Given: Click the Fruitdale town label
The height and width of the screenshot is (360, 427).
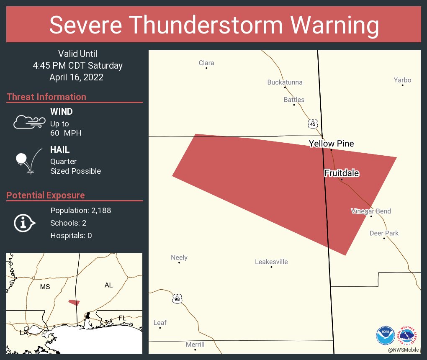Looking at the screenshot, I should coord(342,173).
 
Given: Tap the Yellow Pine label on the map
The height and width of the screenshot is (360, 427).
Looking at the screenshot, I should coord(331,144).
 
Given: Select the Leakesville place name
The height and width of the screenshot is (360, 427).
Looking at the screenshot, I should coord(271,262).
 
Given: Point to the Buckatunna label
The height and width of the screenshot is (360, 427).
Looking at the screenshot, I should coord(285,82).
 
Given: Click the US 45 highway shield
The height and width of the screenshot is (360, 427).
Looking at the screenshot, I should coord(313,124).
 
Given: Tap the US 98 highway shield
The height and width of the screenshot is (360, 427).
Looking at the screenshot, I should coord(177,299).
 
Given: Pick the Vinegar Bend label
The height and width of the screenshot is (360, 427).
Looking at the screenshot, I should coord(370,211).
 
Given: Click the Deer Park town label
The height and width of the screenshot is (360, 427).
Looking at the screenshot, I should coord(384,233).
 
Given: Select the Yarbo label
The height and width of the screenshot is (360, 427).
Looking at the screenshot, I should coord(402,80).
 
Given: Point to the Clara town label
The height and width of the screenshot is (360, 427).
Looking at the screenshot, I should coord(206,63).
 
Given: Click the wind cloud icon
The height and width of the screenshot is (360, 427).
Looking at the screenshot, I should coord(29,122).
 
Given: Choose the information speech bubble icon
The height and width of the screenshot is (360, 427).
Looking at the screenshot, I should coord(25,223).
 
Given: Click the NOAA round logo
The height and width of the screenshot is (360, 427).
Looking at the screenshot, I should coord(385,335).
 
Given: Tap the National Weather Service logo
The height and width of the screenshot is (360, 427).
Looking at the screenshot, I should coord(408,335).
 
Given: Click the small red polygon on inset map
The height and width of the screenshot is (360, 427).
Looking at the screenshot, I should coord(74,302).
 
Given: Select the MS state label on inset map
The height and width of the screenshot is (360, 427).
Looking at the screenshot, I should coord(45,287).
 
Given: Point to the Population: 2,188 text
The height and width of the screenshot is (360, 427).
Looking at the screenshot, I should coord(80,211).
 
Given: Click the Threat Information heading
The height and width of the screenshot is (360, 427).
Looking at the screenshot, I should coord(46,97).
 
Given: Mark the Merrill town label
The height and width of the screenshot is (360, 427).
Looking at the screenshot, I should coord(195,345).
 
